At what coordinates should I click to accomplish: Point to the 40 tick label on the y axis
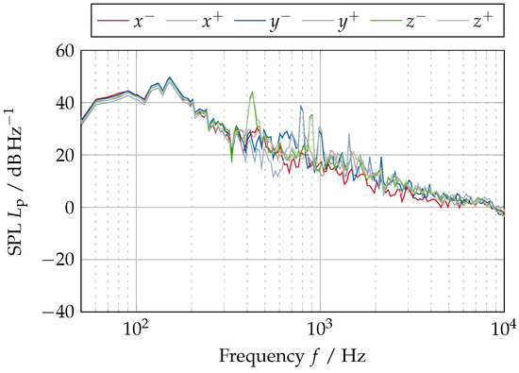63,103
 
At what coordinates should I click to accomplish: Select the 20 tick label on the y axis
63,155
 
